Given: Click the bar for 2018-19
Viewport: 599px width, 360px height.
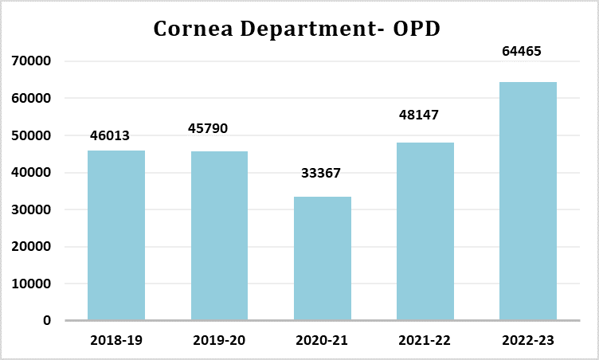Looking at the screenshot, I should click(116, 235).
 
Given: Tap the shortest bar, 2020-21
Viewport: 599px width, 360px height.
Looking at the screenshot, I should click(322, 258).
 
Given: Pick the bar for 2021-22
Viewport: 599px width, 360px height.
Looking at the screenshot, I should click(425, 231).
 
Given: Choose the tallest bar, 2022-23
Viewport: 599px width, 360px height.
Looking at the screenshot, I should click(527, 201).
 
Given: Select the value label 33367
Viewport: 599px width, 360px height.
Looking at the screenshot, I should click(323, 173).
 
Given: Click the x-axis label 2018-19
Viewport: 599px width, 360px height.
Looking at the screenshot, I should click(116, 340).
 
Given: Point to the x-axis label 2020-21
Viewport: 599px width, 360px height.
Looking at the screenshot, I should click(322, 340).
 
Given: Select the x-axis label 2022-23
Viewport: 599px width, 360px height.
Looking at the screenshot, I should click(527, 340).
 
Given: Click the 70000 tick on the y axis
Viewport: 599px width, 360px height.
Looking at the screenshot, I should click(33, 61).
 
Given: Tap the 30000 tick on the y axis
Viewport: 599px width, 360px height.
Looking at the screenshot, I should click(33, 209).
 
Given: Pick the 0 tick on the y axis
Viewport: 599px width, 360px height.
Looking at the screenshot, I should click(47, 321).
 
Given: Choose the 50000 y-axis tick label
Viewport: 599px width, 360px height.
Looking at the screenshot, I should click(33, 135).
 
